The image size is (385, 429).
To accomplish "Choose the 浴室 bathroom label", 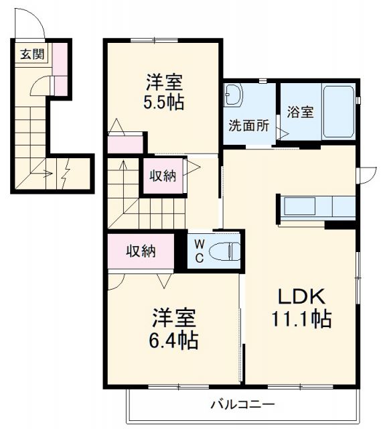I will point(300,112).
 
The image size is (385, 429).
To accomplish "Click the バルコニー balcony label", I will point(242,405).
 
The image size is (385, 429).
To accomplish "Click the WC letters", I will point(200,250).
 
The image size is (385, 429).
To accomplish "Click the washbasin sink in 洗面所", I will point(235,95).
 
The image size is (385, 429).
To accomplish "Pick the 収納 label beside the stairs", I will point(162,176).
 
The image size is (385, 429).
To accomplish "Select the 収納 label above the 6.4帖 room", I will point(142,251).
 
